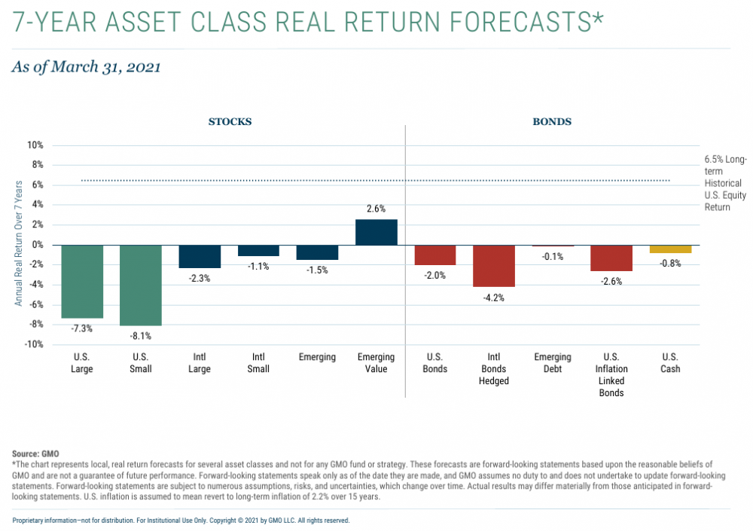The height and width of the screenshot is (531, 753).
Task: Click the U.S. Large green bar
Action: click(82, 281)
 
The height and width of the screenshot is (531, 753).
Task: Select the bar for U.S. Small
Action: click(141, 285)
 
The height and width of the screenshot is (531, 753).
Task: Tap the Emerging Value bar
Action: click(376, 232)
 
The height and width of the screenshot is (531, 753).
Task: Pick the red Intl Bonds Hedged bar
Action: click(494, 266)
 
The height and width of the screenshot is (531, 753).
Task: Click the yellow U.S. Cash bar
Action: click(670, 249)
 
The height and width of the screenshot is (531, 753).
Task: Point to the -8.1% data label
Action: click(141, 336)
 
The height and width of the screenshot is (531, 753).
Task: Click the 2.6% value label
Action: click(376, 209)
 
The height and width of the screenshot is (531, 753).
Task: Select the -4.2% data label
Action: click(494, 298)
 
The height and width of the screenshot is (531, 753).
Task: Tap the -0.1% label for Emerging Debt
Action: click(553, 257)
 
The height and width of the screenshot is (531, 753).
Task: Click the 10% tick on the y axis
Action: click(36, 145)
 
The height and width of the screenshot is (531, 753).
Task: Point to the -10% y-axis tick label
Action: click(34, 344)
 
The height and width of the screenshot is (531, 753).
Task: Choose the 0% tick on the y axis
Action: click(38, 245)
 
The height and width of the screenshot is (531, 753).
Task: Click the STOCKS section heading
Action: click(230, 121)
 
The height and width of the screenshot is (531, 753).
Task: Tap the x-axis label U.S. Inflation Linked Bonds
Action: click(611, 375)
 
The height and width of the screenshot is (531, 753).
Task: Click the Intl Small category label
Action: click(258, 363)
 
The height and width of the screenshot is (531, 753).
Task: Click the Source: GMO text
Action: click(35, 454)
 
